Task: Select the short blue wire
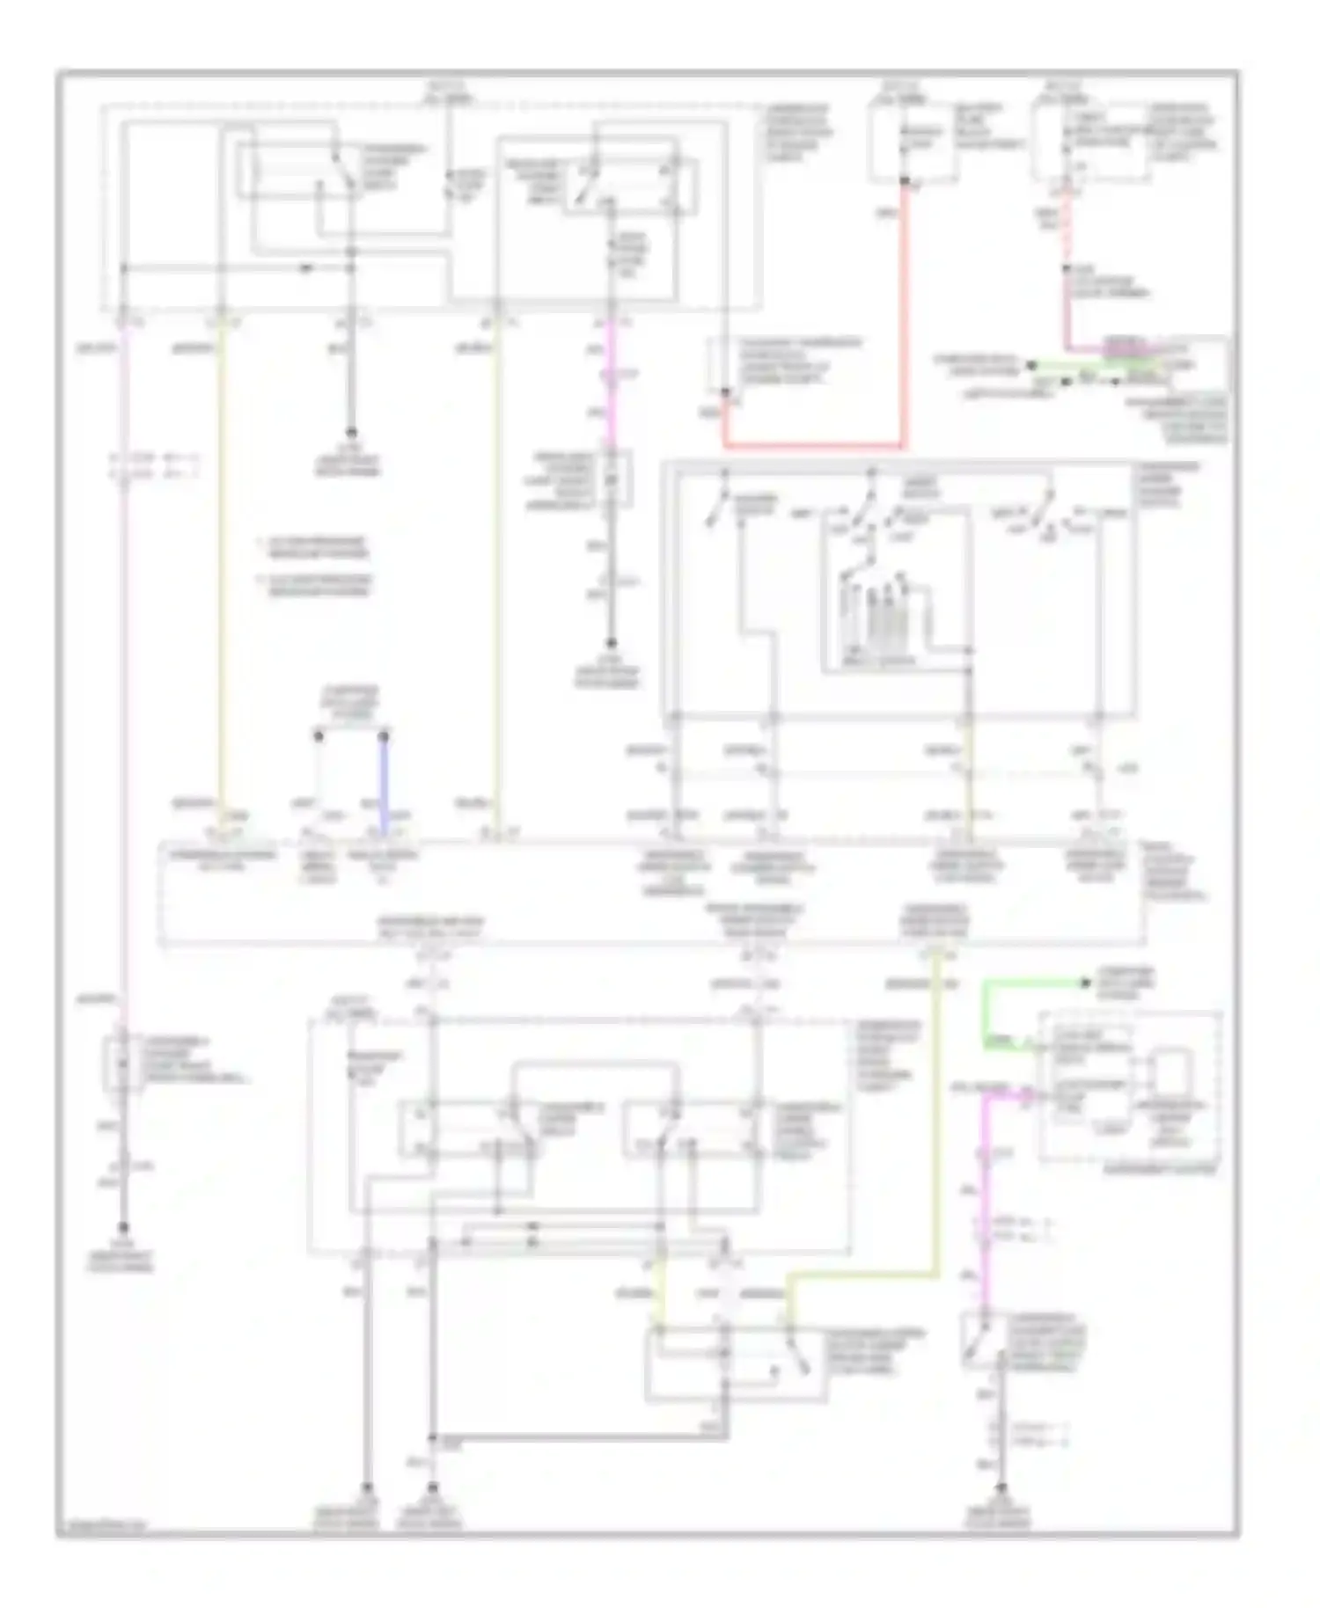[385, 783]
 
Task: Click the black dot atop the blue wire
[385, 732]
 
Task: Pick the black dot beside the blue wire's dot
[318, 732]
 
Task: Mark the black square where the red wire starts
[905, 182]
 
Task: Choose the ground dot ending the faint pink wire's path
[123, 1225]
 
